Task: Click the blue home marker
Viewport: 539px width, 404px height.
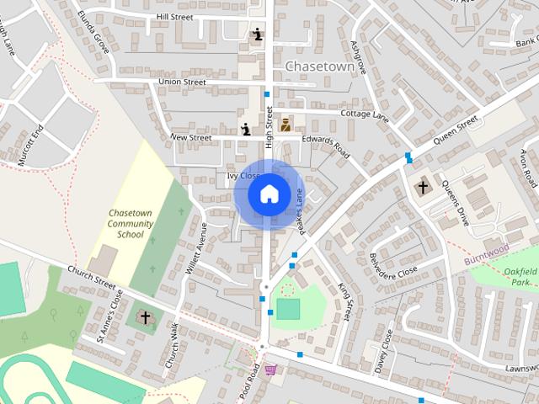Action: click(x=269, y=194)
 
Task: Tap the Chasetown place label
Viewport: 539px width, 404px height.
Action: click(x=319, y=66)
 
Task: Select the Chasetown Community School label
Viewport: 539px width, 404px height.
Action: click(x=131, y=224)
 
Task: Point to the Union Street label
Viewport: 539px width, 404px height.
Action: click(x=182, y=82)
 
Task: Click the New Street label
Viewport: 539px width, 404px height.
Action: click(x=189, y=136)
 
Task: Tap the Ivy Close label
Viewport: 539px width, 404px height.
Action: click(x=243, y=176)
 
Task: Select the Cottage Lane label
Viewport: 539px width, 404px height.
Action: click(x=363, y=114)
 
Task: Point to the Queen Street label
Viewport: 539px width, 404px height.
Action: click(x=455, y=130)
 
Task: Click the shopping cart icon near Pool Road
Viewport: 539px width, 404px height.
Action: click(x=270, y=369)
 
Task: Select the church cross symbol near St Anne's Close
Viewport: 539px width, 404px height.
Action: click(x=146, y=317)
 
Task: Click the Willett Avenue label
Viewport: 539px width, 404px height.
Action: click(x=196, y=251)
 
